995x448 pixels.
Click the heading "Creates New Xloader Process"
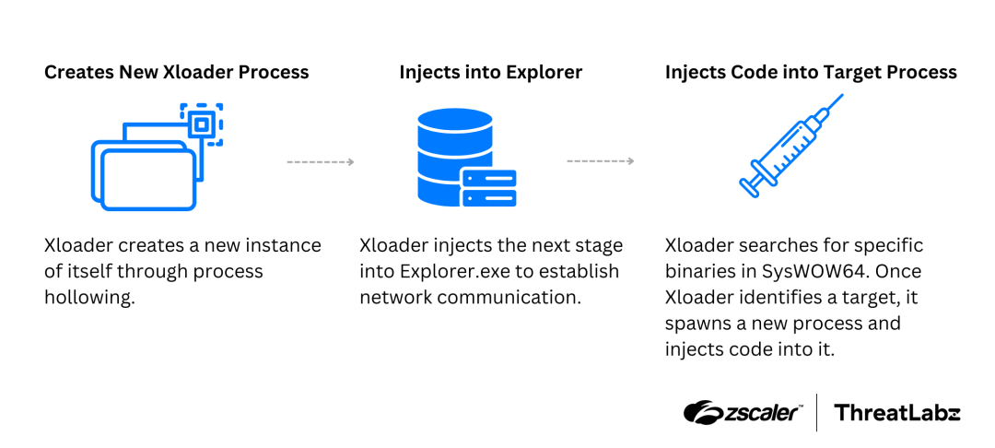tap(177, 72)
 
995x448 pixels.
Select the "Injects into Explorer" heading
tap(490, 72)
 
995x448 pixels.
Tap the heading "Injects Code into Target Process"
tap(811, 72)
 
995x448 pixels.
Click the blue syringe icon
tap(790, 147)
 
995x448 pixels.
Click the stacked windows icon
tap(147, 166)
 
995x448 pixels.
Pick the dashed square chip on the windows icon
tap(202, 124)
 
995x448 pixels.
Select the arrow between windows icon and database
tap(320, 162)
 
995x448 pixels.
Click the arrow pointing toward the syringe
tap(600, 162)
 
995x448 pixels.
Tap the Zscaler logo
tap(743, 412)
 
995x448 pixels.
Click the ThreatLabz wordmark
tap(896, 413)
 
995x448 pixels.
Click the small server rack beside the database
tap(489, 188)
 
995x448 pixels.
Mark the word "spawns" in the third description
tap(696, 324)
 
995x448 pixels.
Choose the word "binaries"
tap(702, 272)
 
